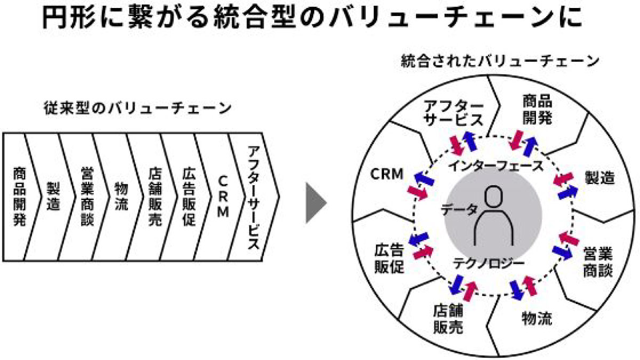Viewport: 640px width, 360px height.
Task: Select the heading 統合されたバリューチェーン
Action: tap(500, 61)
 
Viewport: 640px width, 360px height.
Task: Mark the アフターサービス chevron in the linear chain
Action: tap(254, 197)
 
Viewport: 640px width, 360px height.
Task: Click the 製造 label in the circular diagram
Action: tap(600, 178)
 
